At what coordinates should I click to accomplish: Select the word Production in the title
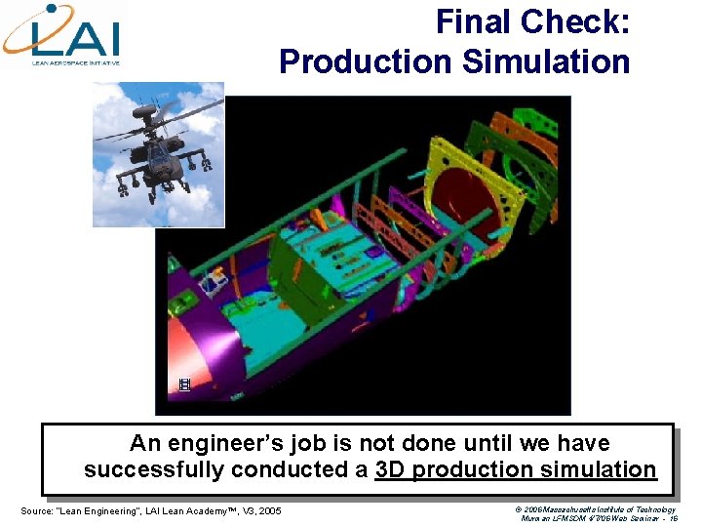[367, 61]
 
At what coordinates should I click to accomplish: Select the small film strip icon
[183, 385]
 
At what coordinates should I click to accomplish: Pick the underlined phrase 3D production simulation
[516, 469]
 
